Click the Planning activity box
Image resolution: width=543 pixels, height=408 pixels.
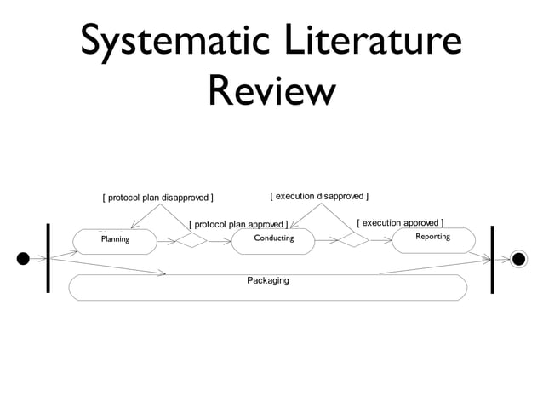(x=115, y=239)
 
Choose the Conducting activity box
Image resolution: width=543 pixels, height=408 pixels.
(x=273, y=238)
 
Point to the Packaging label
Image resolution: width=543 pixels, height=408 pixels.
(x=267, y=280)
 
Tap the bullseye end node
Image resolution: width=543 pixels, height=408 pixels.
(x=518, y=258)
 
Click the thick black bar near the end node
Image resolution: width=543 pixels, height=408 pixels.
(x=493, y=259)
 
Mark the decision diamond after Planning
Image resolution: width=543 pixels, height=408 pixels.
(x=191, y=240)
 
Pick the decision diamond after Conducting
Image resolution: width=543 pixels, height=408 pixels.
(x=352, y=240)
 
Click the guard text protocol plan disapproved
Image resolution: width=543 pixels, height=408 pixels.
(x=157, y=199)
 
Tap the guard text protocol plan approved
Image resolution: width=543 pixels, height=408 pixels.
(x=237, y=225)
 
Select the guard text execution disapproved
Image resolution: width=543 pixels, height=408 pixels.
(x=319, y=196)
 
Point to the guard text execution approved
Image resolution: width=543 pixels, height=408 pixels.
(x=400, y=223)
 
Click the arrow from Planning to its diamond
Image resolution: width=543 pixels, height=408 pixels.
(x=168, y=240)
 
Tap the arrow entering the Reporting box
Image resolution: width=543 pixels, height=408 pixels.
(x=380, y=240)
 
